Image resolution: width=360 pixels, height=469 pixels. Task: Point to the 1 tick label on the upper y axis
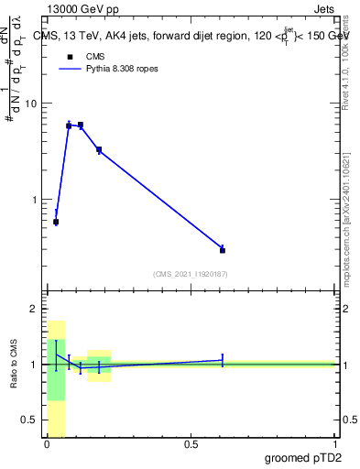[35, 200]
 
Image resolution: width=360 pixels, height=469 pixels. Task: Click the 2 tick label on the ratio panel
[33, 310]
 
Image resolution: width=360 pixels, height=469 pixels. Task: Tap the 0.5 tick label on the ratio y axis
[28, 420]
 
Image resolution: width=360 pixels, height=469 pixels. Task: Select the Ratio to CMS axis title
[15, 365]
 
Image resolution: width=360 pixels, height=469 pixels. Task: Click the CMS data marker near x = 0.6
[223, 249]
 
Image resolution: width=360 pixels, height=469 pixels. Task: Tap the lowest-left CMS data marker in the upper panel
[56, 222]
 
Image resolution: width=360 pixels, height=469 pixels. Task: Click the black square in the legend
[69, 57]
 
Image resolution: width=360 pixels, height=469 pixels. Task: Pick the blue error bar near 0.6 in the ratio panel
[223, 360]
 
